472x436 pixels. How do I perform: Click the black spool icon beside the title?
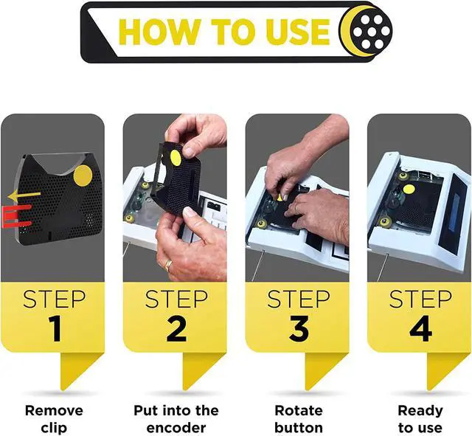coord(372,31)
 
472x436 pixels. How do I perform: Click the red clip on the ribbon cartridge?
coord(16,215)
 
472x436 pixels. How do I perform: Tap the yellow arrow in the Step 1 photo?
coord(24,196)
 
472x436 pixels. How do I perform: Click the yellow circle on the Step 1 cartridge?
coord(83,176)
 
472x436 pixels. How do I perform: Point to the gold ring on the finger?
coord(169,265)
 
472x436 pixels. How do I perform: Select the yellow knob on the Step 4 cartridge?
coord(409,190)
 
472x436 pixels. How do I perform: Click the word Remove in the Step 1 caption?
coord(54,410)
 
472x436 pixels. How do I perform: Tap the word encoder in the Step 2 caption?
coord(176,428)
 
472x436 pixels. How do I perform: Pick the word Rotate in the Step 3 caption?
coord(299,410)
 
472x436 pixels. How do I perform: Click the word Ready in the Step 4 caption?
coord(420,411)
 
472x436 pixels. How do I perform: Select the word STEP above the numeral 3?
coord(299,300)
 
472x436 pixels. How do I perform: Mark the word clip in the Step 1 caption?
coord(54,429)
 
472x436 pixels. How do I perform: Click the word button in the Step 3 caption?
coord(299,428)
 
